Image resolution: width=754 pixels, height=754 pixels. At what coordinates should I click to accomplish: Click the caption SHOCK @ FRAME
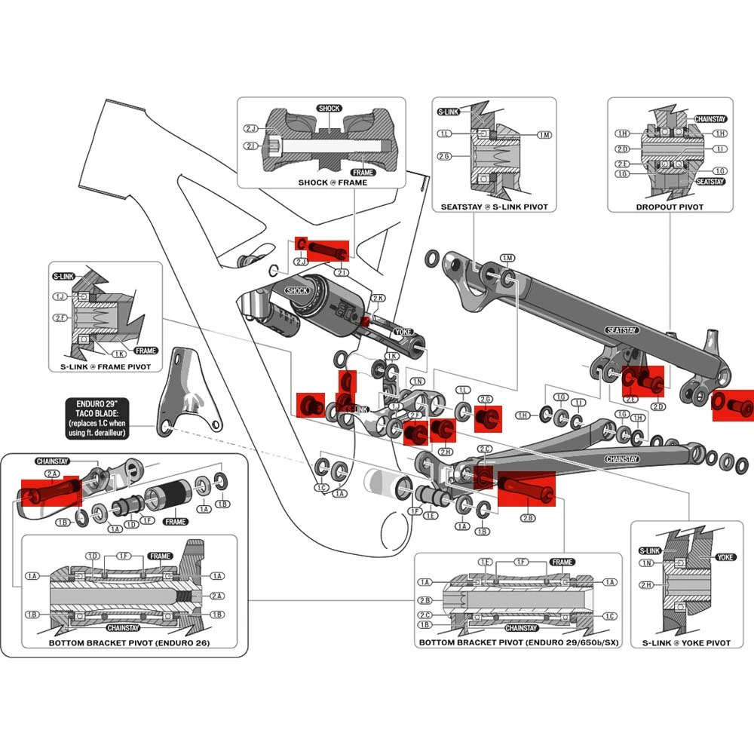(x=333, y=182)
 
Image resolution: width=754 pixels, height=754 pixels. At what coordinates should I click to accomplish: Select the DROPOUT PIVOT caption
(x=670, y=207)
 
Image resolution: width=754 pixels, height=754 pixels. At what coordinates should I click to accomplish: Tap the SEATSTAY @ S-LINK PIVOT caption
(x=494, y=207)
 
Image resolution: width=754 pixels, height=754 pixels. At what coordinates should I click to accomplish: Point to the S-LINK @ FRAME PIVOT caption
(x=106, y=366)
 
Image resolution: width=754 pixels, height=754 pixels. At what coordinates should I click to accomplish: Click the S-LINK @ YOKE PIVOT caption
(x=686, y=642)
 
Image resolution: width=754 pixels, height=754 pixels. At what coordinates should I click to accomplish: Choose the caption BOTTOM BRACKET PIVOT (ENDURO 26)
(x=129, y=643)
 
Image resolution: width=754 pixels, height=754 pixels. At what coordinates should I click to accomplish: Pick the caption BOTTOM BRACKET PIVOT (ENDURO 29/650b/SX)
(x=519, y=643)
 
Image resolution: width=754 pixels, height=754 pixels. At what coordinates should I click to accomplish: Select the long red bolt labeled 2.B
(x=526, y=489)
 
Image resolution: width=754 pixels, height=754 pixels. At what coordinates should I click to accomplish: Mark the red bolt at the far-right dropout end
(x=733, y=403)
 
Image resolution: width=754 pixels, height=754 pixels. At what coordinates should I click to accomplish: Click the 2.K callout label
(x=378, y=299)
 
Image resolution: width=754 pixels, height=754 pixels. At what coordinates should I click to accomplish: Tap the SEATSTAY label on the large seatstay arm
(x=623, y=330)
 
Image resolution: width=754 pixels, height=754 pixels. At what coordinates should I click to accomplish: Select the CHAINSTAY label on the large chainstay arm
(x=622, y=459)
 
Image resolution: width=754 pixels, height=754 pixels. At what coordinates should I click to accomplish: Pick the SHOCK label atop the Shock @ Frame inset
(x=329, y=109)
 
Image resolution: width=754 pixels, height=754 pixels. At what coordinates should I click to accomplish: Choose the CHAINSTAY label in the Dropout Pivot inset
(x=710, y=119)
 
